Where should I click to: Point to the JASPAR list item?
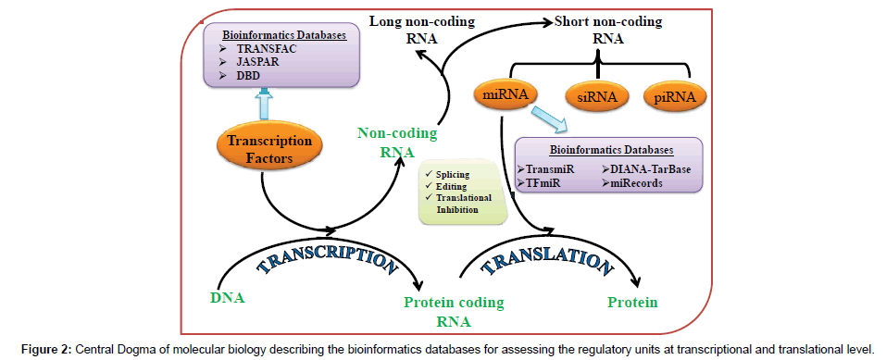(x=259, y=61)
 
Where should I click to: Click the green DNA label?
(x=228, y=297)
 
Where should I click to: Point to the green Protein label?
(x=633, y=303)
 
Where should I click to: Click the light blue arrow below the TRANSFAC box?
(x=262, y=103)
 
